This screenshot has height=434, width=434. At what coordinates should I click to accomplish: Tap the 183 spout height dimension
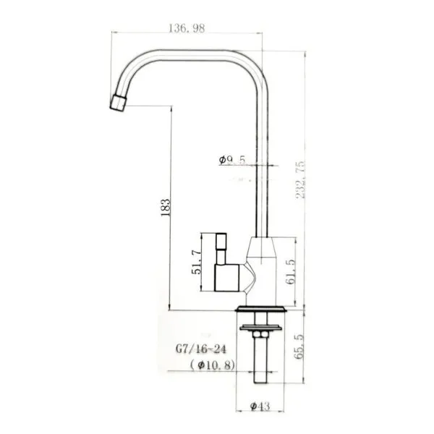coord(166,208)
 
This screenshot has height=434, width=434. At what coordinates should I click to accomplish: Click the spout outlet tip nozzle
coord(118,103)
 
